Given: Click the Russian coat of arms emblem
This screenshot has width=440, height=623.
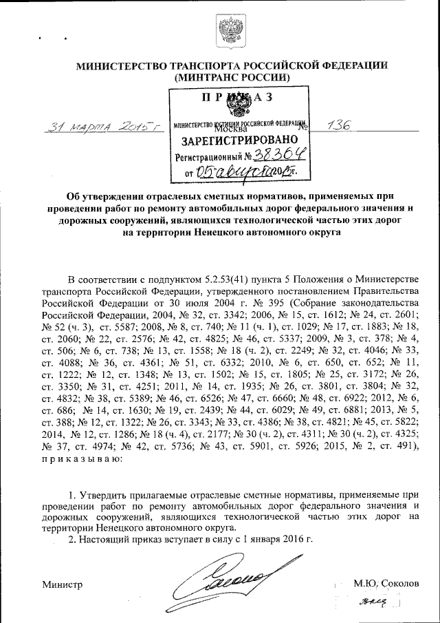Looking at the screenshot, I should pyautogui.click(x=226, y=32).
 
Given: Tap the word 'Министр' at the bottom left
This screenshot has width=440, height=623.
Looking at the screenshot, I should pyautogui.click(x=63, y=584).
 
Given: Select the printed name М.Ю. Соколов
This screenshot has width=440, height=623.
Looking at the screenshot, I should pyautogui.click(x=386, y=582).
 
